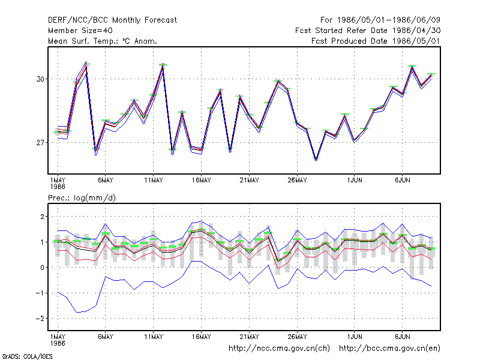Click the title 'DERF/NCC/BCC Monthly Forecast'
pos(112,20)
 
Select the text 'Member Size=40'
pos(80,31)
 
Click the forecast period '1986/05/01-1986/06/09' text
pos(389,20)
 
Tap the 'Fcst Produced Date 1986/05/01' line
pos(376,41)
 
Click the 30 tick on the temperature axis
pos(40,79)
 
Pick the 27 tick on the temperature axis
pos(40,143)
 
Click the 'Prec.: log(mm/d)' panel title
pos(82,198)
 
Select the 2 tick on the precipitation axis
pos(42,217)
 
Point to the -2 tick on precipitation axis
pos(40,319)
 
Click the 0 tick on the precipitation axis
pos(42,268)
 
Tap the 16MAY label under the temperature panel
pos(202,181)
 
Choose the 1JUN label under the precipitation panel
pos(355,337)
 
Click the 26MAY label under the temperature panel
pos(297,181)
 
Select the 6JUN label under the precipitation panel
pos(403,337)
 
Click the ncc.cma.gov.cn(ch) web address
pos(279,349)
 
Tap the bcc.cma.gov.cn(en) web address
pos(389,349)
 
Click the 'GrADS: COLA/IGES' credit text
pos(27,356)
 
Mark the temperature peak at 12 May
pos(163,65)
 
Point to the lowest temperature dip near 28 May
pos(316,158)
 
